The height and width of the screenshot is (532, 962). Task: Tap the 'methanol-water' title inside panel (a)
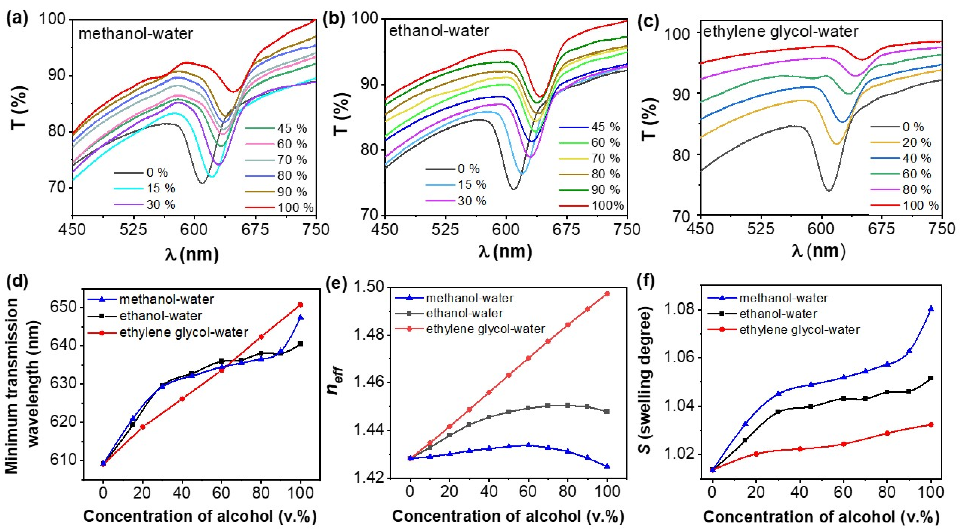pyautogui.click(x=135, y=34)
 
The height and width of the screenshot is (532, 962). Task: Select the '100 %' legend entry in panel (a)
pyautogui.click(x=295, y=208)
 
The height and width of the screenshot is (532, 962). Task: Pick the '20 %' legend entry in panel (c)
pyautogui.click(x=917, y=142)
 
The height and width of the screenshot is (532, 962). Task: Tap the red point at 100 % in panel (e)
pyautogui.click(x=607, y=294)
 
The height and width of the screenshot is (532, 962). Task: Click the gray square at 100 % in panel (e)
pyautogui.click(x=607, y=411)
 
